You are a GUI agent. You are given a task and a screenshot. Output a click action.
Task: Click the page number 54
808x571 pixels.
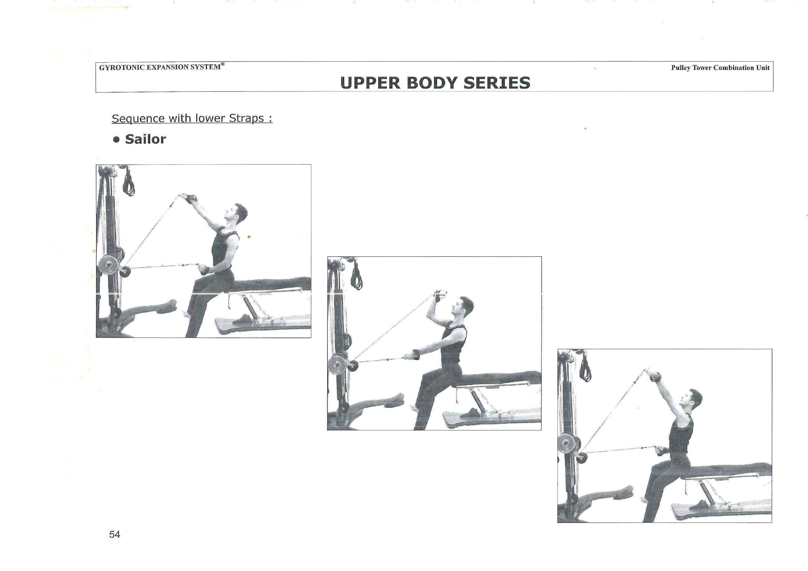[x=115, y=535]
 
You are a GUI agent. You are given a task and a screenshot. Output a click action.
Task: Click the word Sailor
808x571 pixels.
[x=145, y=139]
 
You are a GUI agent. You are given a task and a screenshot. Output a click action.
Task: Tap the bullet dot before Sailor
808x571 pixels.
[x=117, y=140]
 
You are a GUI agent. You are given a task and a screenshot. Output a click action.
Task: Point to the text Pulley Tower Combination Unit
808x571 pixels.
[x=720, y=68]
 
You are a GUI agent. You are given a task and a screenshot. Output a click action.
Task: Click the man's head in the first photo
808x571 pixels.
[x=237, y=214]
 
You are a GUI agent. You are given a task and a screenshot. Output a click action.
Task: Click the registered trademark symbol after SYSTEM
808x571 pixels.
[x=222, y=64]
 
